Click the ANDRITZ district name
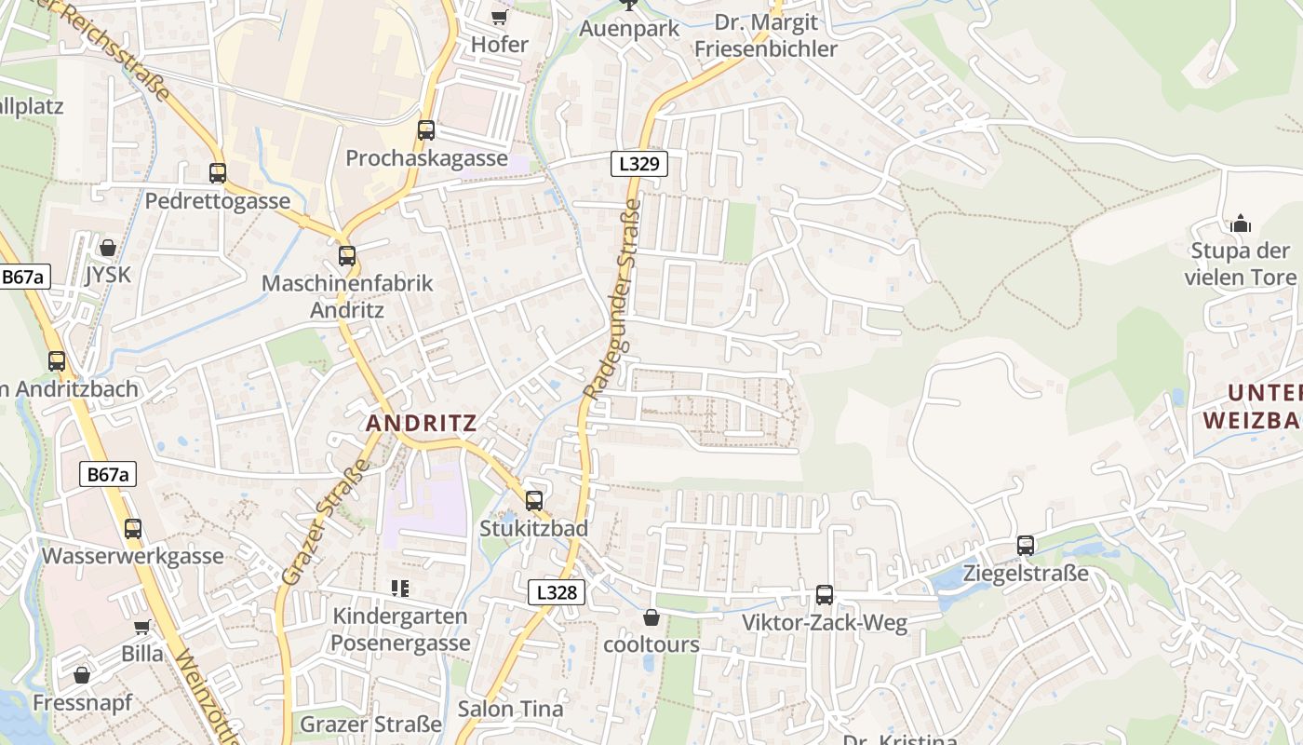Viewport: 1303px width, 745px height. tap(421, 423)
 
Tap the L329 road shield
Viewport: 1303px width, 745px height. tap(639, 164)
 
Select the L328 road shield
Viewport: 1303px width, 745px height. tap(557, 591)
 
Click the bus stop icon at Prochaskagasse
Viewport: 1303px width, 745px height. tap(426, 130)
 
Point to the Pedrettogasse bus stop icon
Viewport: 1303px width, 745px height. tap(218, 173)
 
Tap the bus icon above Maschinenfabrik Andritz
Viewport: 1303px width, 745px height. tap(347, 255)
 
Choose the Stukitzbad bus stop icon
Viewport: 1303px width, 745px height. tap(534, 501)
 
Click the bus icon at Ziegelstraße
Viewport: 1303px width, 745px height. tap(1026, 546)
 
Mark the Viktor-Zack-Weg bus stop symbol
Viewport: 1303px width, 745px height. tap(825, 595)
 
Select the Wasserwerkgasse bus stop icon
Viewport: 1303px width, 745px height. tap(133, 529)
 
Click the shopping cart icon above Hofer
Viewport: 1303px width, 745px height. tap(500, 16)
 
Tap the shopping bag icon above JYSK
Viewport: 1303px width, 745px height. tap(108, 248)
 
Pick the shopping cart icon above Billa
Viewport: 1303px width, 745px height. tap(142, 627)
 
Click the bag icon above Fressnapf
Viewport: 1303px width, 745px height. tap(82, 675)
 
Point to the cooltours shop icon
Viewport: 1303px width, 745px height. tap(651, 617)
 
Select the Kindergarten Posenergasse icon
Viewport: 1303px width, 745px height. tap(400, 588)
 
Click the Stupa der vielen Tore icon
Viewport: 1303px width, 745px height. tap(1240, 223)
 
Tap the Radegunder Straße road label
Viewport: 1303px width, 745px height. tap(612, 300)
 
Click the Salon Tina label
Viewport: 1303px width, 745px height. tap(510, 709)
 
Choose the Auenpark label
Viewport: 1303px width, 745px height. tap(629, 29)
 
